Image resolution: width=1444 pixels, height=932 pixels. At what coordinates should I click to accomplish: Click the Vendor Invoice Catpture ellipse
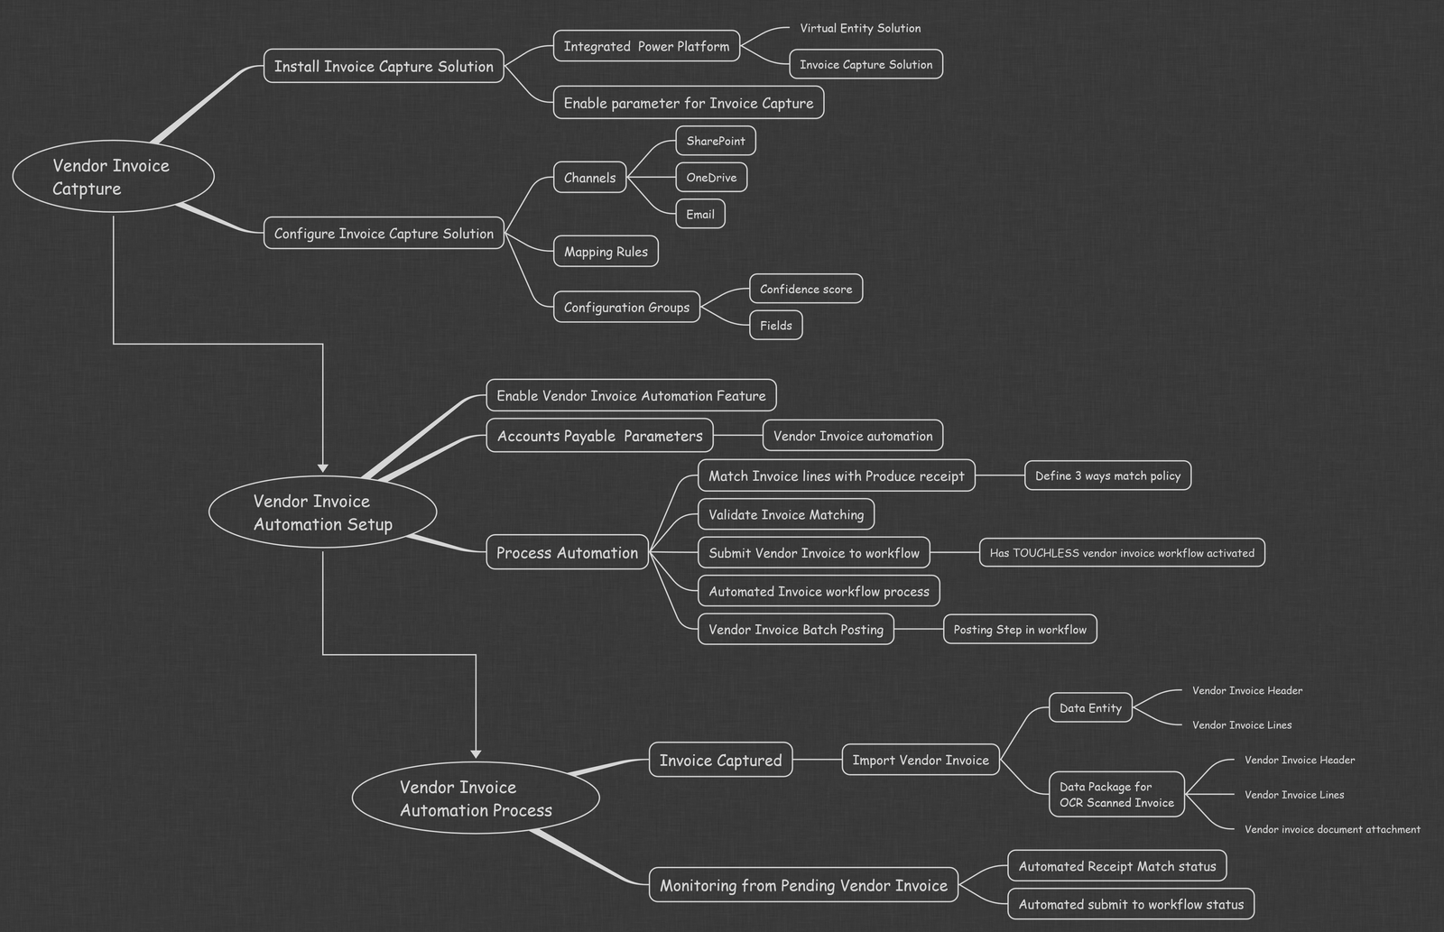click(114, 176)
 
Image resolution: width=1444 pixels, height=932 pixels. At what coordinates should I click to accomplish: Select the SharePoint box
click(716, 141)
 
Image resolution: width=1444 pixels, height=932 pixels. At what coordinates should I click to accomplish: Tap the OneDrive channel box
click(711, 177)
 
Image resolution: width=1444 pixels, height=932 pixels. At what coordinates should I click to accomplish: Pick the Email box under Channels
click(700, 214)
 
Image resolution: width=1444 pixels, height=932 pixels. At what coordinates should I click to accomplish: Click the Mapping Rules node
click(606, 252)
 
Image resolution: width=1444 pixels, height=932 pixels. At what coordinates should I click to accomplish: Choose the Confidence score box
click(806, 289)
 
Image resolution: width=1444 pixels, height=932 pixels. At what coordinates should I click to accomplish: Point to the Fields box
click(775, 326)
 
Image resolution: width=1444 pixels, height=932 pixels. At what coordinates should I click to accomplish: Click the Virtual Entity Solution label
click(860, 28)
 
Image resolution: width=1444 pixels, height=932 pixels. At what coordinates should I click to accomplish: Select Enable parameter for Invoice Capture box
click(689, 103)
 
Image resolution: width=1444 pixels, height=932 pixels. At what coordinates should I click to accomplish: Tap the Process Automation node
click(568, 552)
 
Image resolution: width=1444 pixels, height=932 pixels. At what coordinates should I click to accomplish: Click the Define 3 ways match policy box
click(1107, 475)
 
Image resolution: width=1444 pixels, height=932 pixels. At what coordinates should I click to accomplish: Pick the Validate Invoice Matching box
click(786, 514)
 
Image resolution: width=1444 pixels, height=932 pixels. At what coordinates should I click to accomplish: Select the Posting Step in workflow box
click(1020, 629)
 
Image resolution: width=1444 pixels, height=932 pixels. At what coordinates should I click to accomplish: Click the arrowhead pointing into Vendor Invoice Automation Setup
click(323, 468)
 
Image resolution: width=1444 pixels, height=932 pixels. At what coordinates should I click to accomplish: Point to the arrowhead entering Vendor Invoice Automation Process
click(476, 754)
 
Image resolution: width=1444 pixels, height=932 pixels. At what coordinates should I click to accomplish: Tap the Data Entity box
click(1090, 707)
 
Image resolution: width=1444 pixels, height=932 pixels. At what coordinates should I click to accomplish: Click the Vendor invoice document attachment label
click(1332, 829)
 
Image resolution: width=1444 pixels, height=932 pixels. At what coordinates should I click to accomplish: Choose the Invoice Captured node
click(720, 760)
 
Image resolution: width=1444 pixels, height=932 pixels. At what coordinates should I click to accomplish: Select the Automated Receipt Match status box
click(1117, 865)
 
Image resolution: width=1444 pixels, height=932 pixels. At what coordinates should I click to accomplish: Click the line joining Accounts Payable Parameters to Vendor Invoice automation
click(738, 436)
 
